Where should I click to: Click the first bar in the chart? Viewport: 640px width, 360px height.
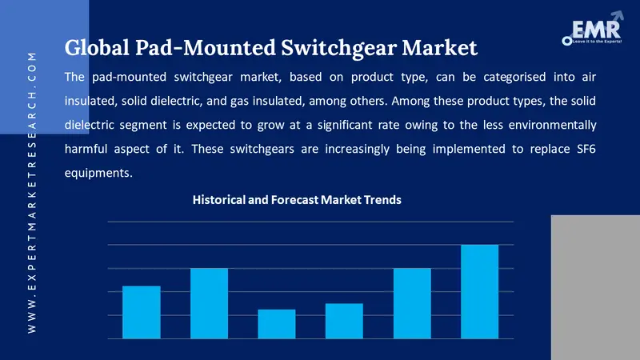coord(142,312)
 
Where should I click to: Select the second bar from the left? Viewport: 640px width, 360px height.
coord(209,303)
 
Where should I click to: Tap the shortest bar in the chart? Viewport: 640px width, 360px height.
coord(277,323)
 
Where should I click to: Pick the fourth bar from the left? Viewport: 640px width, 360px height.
coord(344,321)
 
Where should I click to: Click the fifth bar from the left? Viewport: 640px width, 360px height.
coord(412,303)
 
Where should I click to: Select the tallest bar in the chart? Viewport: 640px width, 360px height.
coord(479,291)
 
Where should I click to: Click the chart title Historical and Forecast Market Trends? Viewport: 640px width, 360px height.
coord(297,200)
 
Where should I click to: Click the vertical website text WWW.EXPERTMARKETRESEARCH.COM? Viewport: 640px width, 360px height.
coord(32,192)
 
